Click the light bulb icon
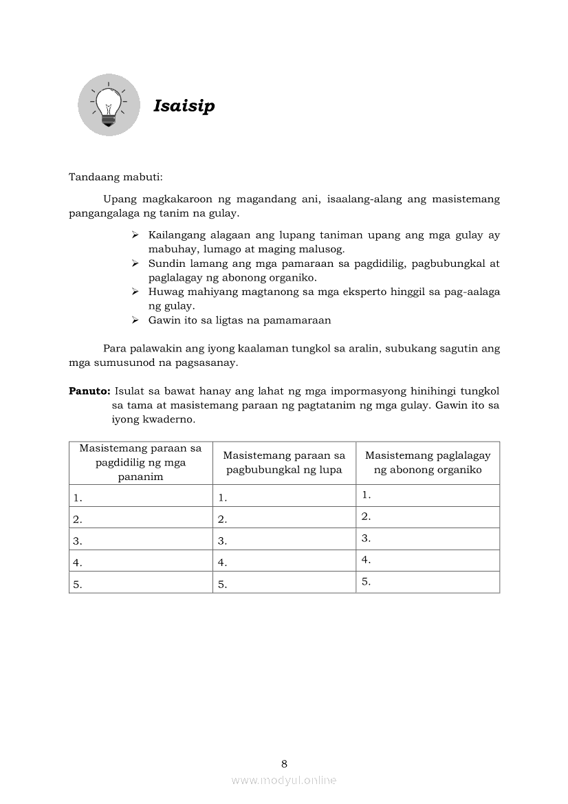(108, 105)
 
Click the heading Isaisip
(184, 106)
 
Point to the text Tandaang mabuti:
(116, 177)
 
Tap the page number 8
(284, 763)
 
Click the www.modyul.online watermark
(284, 780)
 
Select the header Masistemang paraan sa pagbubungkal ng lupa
(284, 462)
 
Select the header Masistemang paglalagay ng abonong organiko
(427, 462)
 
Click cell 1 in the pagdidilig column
(140, 497)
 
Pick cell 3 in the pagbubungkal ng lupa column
(284, 540)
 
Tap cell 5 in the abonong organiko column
(427, 582)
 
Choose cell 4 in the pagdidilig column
(140, 561)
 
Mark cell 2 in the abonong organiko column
(427, 517)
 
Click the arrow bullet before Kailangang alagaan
(135, 235)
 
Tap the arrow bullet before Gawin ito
(135, 320)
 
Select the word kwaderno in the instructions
(172, 418)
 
